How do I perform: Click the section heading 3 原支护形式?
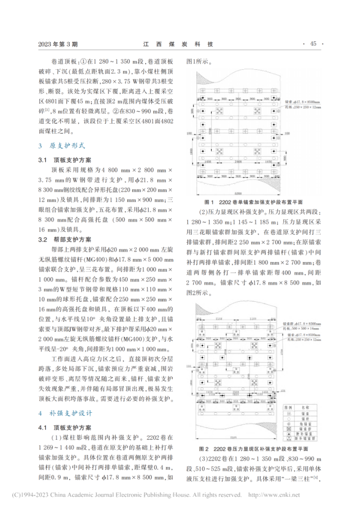[59, 145]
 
